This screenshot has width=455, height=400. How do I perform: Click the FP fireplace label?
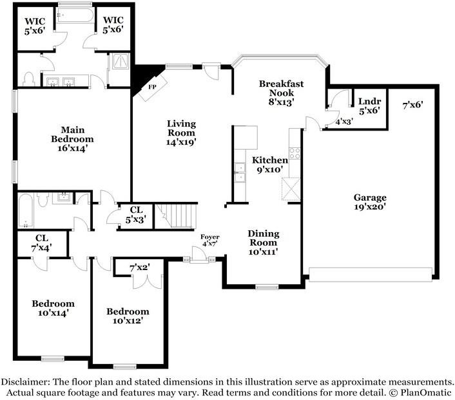[x=152, y=87]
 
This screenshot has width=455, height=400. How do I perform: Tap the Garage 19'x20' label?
[x=370, y=202]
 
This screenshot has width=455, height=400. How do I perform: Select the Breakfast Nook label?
[x=281, y=88]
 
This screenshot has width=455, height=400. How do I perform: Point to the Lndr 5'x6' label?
[x=369, y=105]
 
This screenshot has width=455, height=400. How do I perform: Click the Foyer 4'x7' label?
[x=210, y=241]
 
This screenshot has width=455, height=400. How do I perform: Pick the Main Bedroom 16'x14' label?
[x=73, y=139]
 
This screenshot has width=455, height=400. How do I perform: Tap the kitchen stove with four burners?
[x=295, y=153]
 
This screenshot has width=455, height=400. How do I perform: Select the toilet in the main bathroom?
[x=29, y=79]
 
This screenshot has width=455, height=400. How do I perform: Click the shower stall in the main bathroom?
[x=120, y=60]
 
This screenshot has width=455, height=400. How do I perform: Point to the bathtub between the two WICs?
[x=75, y=15]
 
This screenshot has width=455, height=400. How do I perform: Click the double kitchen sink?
[x=240, y=172]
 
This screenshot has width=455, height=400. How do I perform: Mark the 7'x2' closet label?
[x=140, y=268]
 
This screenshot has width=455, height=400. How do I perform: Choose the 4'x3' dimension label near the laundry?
[x=344, y=122]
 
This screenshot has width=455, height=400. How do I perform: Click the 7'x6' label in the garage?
[x=412, y=105]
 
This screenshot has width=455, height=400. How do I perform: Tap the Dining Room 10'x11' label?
[x=264, y=242]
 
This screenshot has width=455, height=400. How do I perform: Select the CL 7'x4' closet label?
[x=41, y=242]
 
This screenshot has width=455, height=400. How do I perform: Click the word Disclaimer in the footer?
[x=25, y=381]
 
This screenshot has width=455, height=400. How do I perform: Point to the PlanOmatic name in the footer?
[x=426, y=393]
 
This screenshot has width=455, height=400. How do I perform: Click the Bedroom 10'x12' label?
[x=128, y=316]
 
